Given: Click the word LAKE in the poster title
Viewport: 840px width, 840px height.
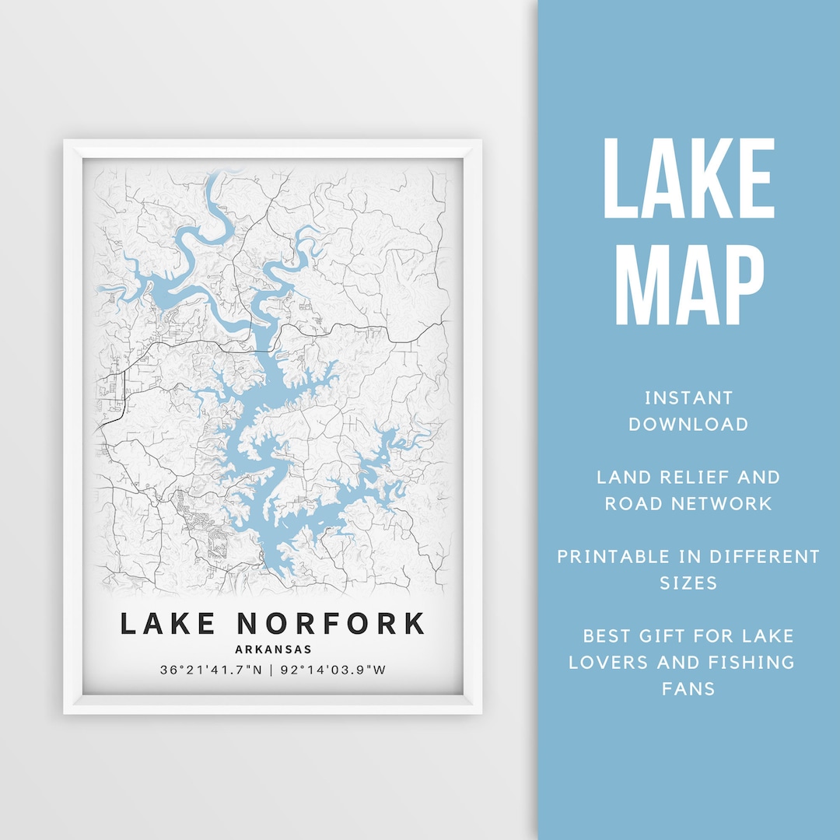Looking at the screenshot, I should (x=168, y=624).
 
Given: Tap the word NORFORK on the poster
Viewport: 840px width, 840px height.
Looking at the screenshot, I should (x=331, y=624).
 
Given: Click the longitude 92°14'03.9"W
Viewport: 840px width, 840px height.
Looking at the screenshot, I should (x=331, y=669).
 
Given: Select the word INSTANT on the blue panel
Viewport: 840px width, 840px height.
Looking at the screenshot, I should (x=688, y=398).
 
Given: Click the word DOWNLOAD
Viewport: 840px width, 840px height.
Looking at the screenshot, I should (x=688, y=424).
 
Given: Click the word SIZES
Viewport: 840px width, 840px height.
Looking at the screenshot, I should (x=688, y=583).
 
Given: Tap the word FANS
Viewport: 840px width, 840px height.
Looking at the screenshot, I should (x=688, y=688).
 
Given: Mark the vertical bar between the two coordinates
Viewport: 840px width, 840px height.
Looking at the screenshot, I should (x=270, y=669).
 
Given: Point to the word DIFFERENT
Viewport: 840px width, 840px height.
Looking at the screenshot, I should (x=749, y=556).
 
